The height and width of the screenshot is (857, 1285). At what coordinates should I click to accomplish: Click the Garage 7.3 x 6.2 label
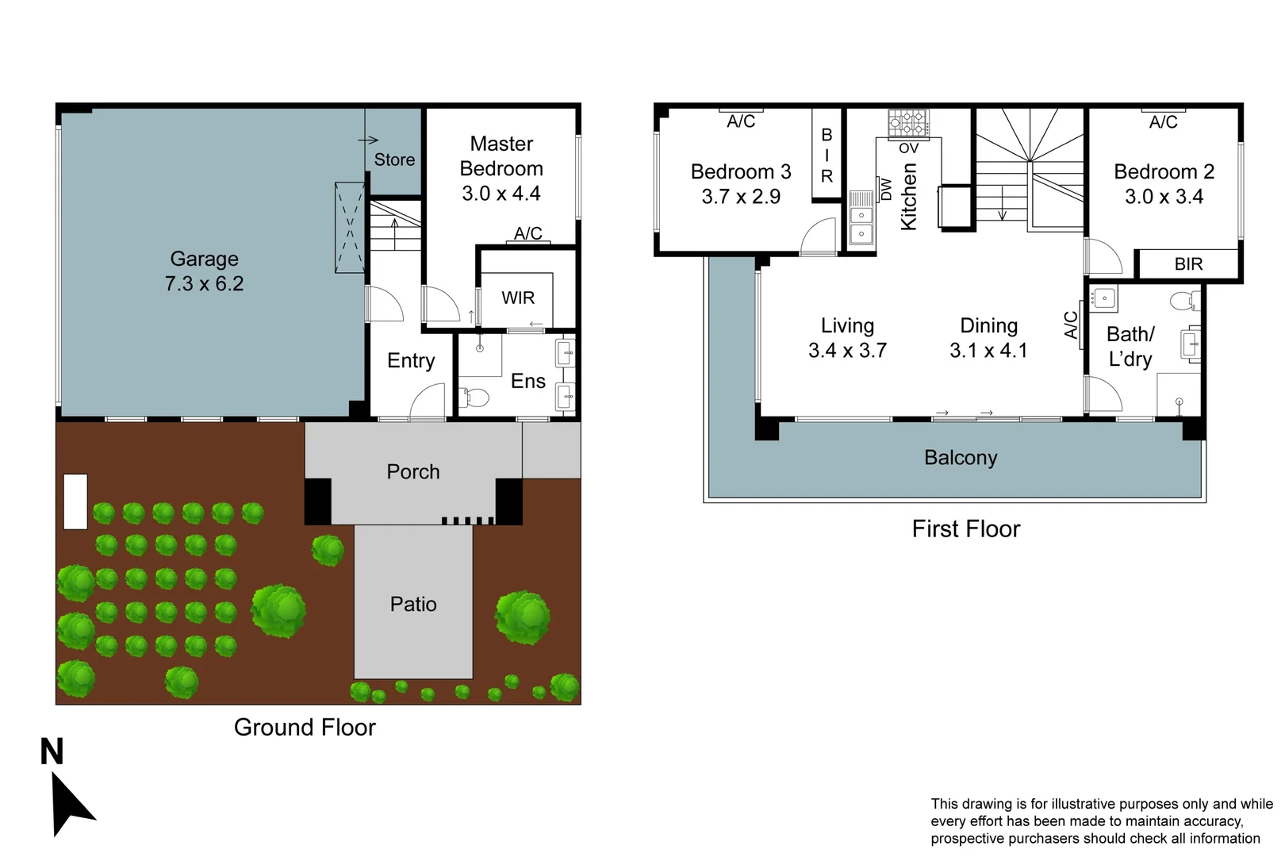[204, 271]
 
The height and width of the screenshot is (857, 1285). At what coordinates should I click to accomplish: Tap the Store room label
[394, 159]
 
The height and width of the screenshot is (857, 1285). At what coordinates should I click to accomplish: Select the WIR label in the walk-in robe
[518, 298]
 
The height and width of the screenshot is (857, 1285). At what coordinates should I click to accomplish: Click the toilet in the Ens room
[474, 397]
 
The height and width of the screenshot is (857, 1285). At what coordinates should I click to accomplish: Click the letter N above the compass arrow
[52, 751]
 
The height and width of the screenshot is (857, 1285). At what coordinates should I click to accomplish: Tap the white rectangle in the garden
[75, 502]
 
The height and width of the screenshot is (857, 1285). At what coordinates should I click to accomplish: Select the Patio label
[413, 605]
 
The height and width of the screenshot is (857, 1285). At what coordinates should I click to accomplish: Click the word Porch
[413, 472]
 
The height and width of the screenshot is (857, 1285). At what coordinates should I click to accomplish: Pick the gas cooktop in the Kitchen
[908, 123]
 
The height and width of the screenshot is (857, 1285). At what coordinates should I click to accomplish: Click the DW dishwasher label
[886, 189]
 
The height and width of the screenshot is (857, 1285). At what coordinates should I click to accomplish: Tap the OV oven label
[908, 148]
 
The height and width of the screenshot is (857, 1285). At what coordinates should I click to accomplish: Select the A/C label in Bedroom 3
[741, 121]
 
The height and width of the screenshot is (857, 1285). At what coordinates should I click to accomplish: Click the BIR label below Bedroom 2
[1188, 264]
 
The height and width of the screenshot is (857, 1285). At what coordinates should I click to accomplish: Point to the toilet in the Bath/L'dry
[1185, 300]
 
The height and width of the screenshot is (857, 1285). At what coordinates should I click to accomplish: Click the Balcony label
[961, 458]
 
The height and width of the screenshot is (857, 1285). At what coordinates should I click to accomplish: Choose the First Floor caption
[965, 529]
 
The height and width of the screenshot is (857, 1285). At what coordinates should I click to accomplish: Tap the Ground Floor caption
[305, 728]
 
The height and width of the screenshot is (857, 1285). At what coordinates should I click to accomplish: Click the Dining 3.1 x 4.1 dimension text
[988, 350]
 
